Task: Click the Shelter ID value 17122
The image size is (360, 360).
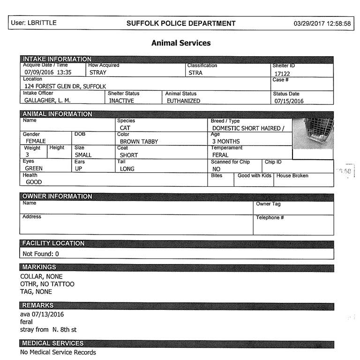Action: pyautogui.click(x=283, y=73)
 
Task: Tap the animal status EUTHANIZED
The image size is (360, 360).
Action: pyautogui.click(x=183, y=101)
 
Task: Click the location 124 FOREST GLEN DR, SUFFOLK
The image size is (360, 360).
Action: pyautogui.click(x=65, y=87)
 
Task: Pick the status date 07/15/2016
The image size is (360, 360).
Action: pyautogui.click(x=289, y=101)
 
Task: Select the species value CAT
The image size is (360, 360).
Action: pyautogui.click(x=125, y=128)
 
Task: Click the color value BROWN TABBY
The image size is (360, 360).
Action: pyautogui.click(x=139, y=141)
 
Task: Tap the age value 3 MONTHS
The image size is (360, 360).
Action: pyautogui.click(x=226, y=141)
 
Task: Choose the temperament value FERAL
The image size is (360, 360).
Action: pyautogui.click(x=220, y=155)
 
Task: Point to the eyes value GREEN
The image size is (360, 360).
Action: pyautogui.click(x=33, y=169)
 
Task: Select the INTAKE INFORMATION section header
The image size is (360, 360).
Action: pyautogui.click(x=57, y=59)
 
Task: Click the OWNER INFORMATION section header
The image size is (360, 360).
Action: pyautogui.click(x=57, y=196)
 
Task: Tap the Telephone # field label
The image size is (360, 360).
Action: pyautogui.click(x=270, y=218)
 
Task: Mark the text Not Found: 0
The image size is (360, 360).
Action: pyautogui.click(x=41, y=254)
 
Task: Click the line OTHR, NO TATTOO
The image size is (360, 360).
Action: pyautogui.click(x=47, y=284)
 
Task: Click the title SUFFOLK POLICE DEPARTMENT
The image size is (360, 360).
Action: pyautogui.click(x=181, y=23)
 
